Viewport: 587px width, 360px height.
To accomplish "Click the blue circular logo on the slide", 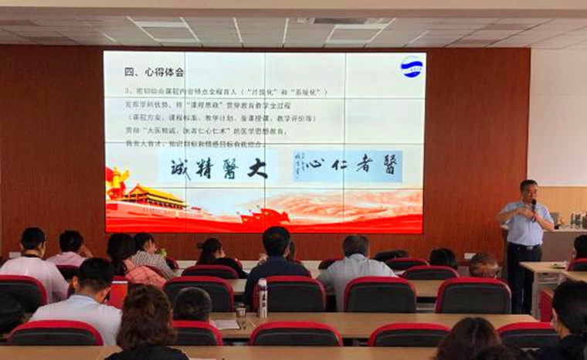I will click(412, 67).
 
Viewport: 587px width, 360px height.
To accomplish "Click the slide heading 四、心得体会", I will click(154, 72).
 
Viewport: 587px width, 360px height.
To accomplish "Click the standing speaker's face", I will click(528, 192).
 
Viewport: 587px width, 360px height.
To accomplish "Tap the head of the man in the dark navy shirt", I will click(276, 240).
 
